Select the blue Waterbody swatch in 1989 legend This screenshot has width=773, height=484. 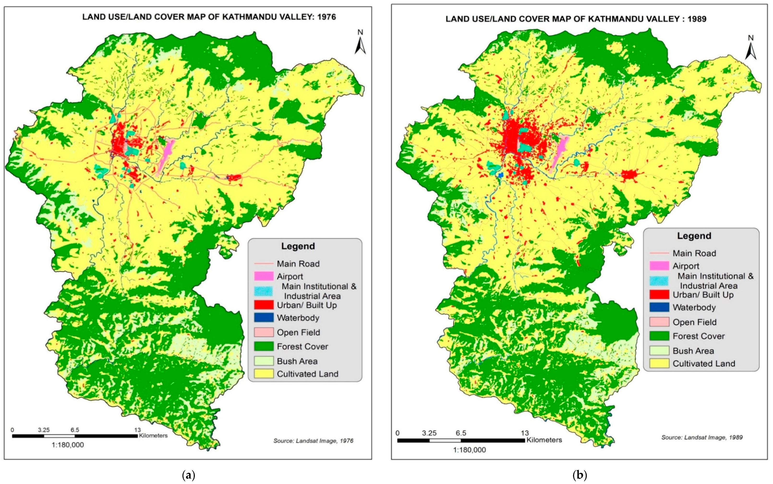(x=659, y=307)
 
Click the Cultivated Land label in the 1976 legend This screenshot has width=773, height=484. (x=308, y=374)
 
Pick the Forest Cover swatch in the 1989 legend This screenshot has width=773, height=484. (x=659, y=336)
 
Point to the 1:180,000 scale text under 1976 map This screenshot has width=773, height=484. (x=68, y=445)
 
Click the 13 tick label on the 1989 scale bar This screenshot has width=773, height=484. (x=525, y=433)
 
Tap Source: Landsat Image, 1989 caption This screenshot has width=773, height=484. (x=702, y=437)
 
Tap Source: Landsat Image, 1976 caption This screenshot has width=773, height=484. (x=313, y=441)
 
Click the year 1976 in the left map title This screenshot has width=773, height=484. (x=326, y=17)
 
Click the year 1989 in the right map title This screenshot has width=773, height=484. (x=697, y=19)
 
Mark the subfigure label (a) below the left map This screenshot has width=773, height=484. (x=188, y=475)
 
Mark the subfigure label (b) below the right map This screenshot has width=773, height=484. (x=580, y=475)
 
